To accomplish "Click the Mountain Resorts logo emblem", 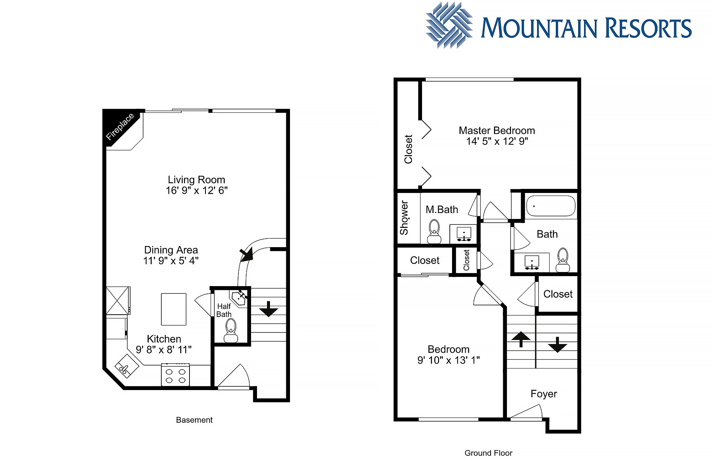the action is [449, 25].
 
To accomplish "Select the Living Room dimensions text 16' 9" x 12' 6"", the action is [197, 191].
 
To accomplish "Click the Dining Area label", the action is [171, 250].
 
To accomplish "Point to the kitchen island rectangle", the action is [174, 309].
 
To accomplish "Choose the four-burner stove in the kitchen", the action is [175, 375].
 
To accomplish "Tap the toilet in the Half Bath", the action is [231, 331].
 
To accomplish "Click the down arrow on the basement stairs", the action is [268, 309].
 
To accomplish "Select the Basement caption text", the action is [194, 420].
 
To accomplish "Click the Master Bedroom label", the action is [497, 131].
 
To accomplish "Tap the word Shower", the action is [404, 218].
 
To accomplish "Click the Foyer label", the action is [544, 394].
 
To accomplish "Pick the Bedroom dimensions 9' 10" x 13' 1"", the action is [449, 360].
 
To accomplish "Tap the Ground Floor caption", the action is [488, 453].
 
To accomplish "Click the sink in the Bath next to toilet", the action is [532, 262].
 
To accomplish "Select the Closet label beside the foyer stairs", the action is [558, 294].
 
